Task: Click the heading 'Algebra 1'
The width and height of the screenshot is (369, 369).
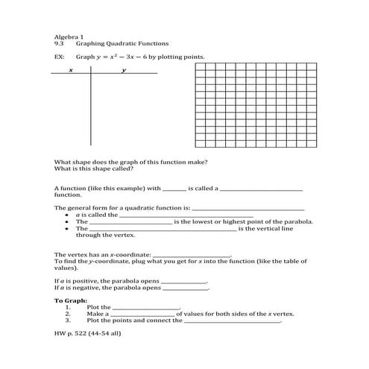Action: (66, 37)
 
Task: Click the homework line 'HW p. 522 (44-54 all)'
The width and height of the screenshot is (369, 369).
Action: (88, 333)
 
